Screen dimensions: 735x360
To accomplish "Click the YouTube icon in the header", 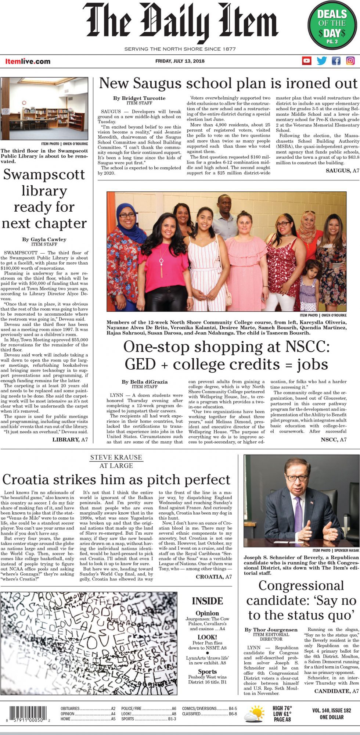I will click(x=306, y=61).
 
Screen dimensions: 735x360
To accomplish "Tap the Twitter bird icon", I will click(x=321, y=61).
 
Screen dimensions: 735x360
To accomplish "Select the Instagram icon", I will click(x=350, y=61).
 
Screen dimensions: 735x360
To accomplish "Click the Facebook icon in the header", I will click(x=336, y=61).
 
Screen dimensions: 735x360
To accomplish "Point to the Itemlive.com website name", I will click(x=28, y=61).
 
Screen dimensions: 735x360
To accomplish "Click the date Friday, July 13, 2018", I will click(x=180, y=61).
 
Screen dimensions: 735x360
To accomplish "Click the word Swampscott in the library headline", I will click(x=44, y=175).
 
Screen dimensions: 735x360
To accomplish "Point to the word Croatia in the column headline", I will click(x=27, y=480).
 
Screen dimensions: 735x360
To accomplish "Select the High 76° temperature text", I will click(x=282, y=708).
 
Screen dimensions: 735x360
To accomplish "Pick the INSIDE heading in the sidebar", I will click(x=207, y=601).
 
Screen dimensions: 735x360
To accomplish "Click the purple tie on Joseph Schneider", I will click(x=298, y=514).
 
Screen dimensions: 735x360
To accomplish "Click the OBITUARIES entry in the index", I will click(x=70, y=708).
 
